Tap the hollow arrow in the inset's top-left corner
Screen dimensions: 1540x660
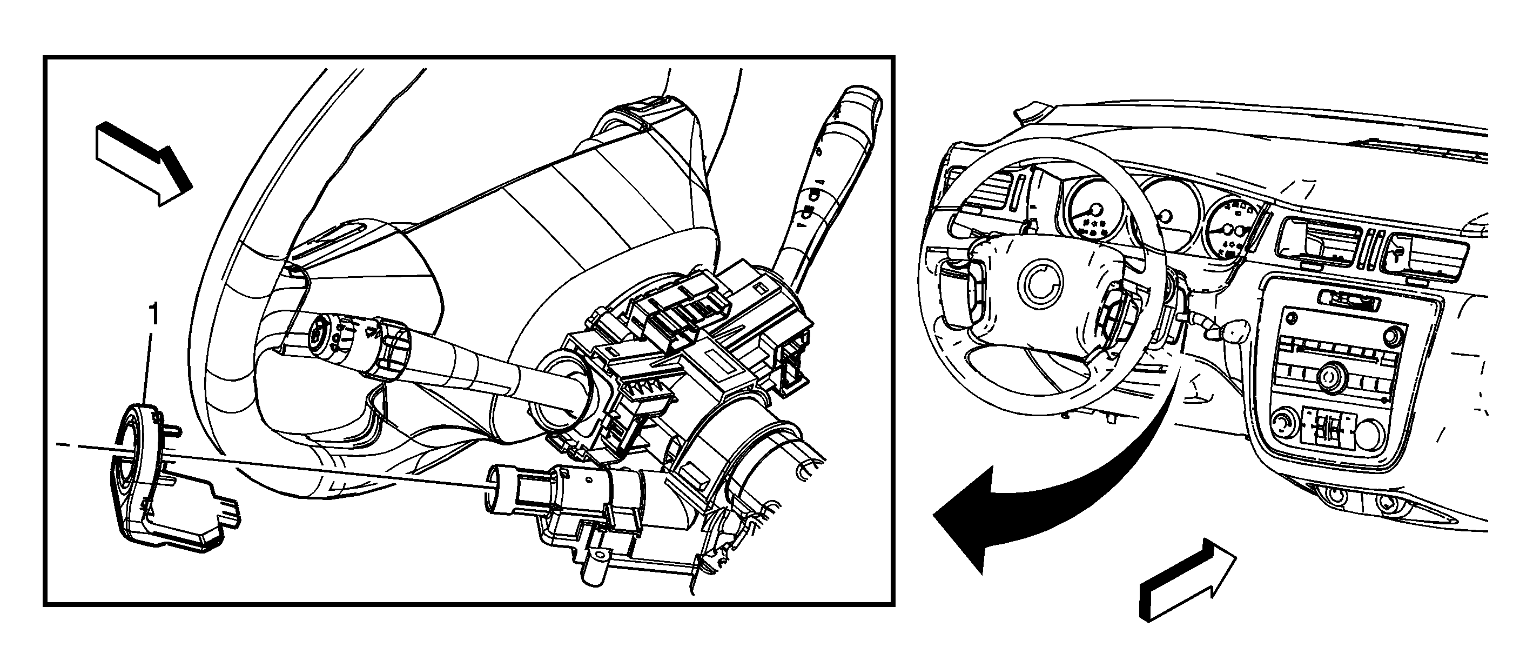point(144,163)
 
